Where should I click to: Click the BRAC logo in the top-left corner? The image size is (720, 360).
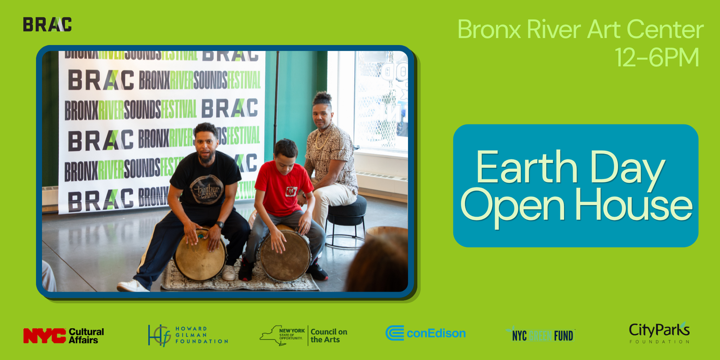click(47, 24)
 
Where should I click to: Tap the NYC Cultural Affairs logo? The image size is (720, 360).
click(63, 336)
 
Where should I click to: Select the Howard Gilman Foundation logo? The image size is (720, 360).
click(188, 335)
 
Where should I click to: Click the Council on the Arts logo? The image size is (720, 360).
click(304, 335)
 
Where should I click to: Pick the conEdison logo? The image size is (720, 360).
click(426, 333)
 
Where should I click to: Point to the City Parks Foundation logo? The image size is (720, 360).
click(659, 333)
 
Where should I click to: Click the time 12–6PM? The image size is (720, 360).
click(657, 57)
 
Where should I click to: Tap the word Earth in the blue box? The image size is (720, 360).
click(526, 168)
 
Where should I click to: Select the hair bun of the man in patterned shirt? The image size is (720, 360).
click(322, 97)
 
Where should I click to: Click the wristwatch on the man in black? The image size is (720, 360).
click(220, 225)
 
